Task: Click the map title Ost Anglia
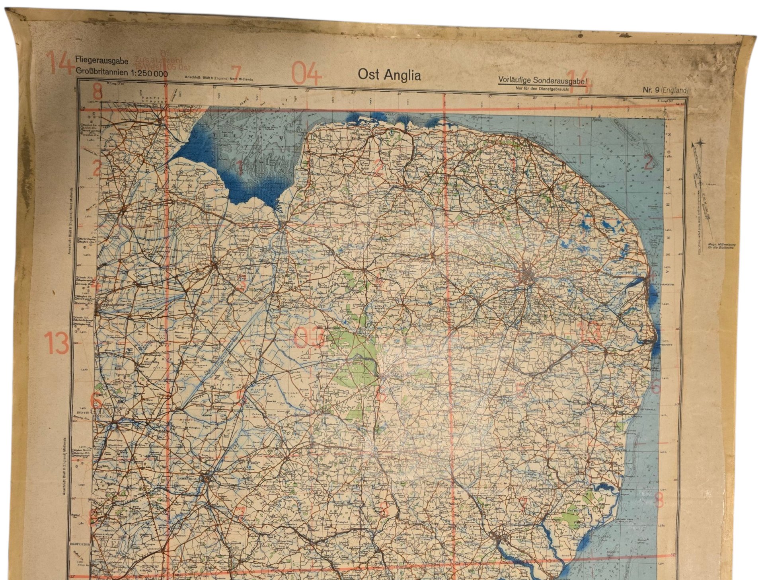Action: [389, 75]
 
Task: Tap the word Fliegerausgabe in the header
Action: [101, 62]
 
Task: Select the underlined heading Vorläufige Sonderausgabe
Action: [543, 81]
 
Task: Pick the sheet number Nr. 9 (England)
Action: [665, 90]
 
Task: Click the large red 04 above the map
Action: [307, 74]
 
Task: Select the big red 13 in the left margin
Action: [56, 343]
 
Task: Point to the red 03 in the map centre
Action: [309, 337]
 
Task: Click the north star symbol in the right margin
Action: [700, 144]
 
